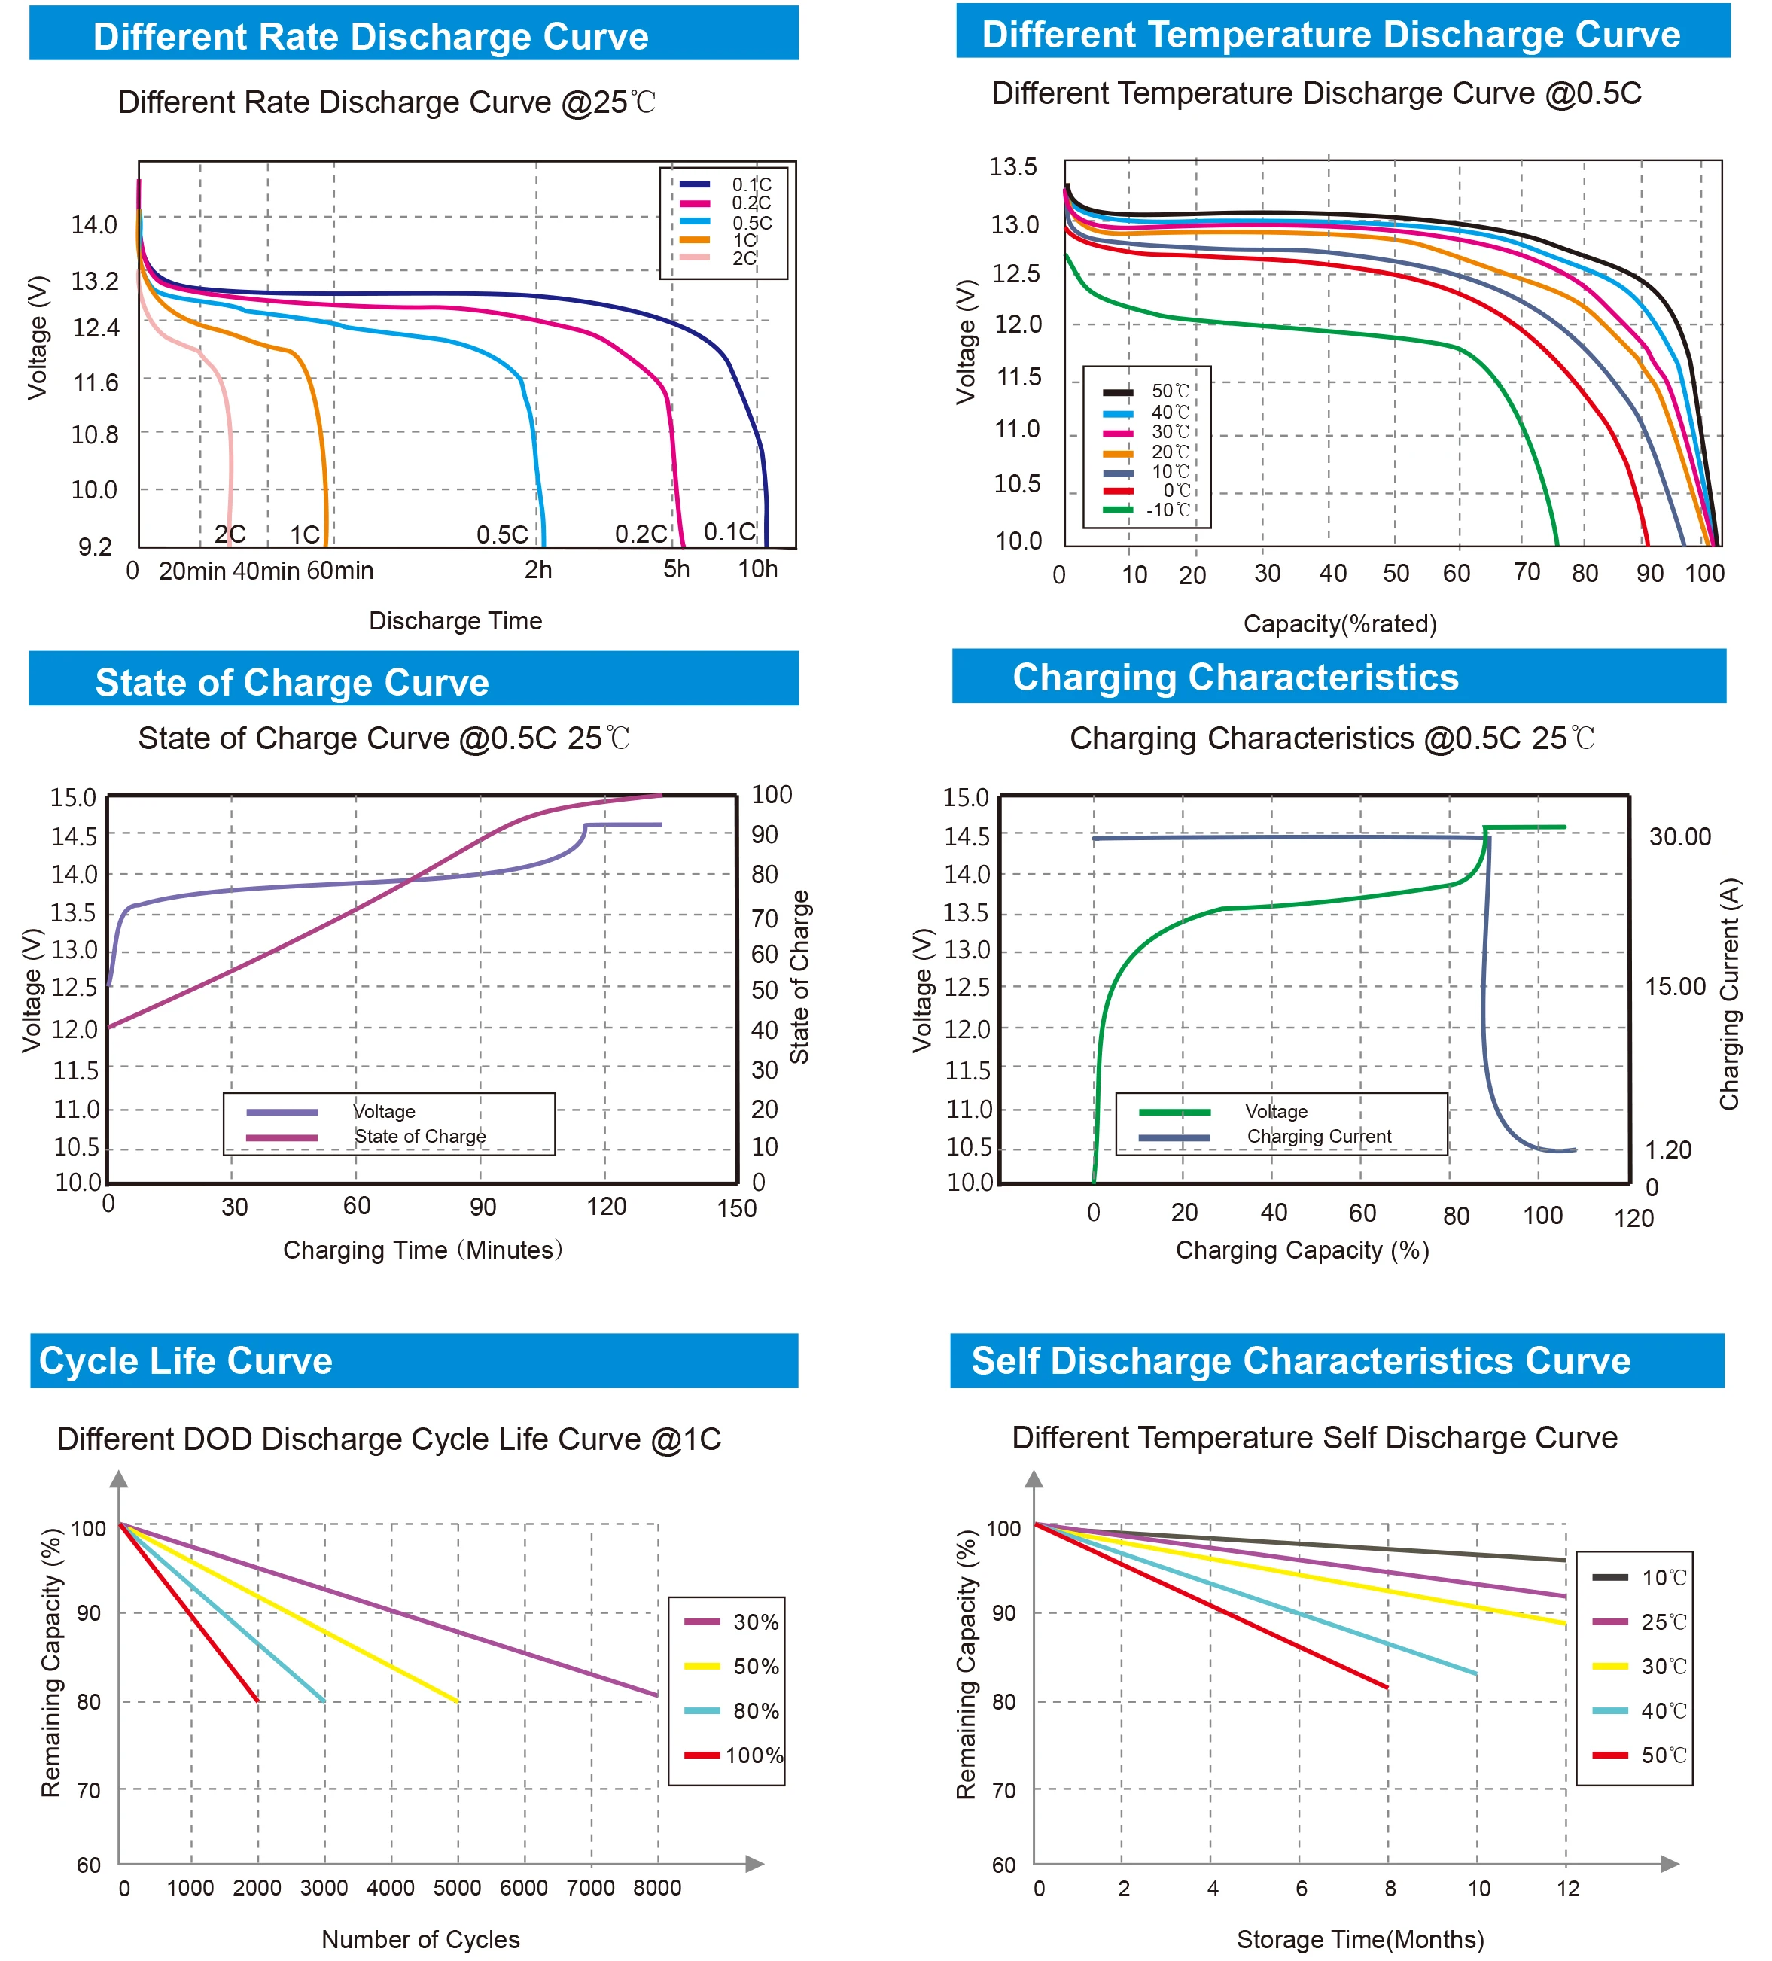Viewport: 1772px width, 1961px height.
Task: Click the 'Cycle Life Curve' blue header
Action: click(184, 1360)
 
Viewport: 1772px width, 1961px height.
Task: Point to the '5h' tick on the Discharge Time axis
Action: click(676, 570)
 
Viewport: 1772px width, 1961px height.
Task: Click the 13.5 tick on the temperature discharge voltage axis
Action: click(1012, 167)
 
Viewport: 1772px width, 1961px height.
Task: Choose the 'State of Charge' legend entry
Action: click(419, 1136)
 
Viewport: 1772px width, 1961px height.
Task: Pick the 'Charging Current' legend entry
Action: click(1318, 1136)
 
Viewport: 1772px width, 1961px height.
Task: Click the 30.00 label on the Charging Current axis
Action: click(1679, 836)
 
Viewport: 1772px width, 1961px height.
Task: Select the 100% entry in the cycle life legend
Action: click(753, 1755)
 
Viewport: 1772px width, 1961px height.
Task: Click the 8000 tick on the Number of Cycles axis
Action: click(656, 1888)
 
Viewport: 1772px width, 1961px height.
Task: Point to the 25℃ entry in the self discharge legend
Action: click(1663, 1621)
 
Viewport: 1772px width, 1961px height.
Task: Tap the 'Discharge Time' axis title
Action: click(455, 620)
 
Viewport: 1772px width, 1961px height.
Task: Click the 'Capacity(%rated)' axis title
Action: click(1339, 623)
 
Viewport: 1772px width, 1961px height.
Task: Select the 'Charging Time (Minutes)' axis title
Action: click(422, 1250)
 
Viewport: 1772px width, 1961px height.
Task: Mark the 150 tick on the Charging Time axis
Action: click(736, 1208)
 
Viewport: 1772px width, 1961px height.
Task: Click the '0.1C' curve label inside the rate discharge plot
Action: click(729, 532)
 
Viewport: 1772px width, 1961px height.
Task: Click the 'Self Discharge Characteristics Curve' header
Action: click(1300, 1360)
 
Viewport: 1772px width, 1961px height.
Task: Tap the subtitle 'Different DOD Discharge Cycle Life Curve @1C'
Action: click(389, 1439)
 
